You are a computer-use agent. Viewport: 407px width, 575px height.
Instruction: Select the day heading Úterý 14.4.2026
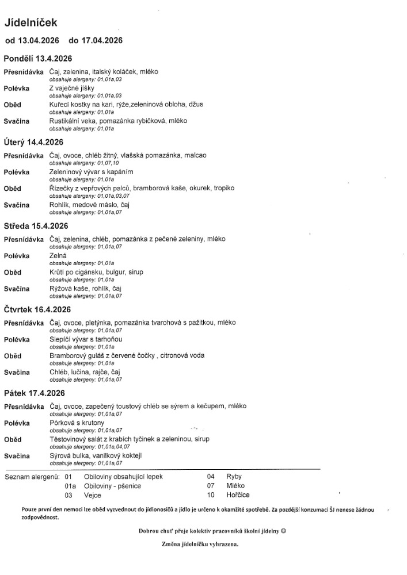tap(33, 142)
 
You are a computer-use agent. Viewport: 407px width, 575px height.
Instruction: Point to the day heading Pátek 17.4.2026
tap(34, 393)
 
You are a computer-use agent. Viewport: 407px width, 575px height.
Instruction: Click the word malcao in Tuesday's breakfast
tap(195, 155)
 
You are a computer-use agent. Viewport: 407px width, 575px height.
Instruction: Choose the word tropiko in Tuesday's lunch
tap(223, 189)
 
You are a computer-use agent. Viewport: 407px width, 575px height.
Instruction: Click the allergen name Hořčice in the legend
tap(238, 494)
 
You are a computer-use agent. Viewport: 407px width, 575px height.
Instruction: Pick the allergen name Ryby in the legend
tap(234, 477)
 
